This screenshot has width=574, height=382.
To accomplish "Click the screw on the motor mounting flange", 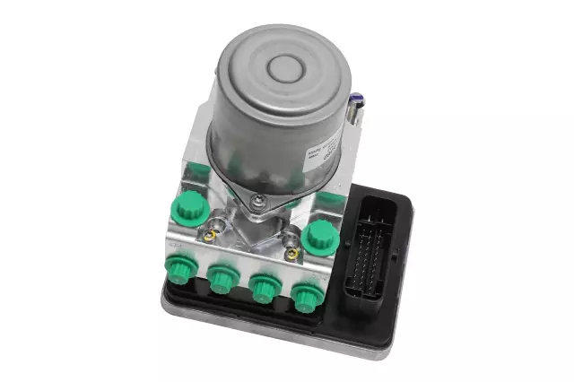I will [x=257, y=200].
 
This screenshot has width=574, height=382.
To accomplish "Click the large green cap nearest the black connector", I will [x=317, y=238].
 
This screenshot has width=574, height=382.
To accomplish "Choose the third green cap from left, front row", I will [x=265, y=288].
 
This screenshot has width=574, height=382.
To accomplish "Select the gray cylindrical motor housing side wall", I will [x=269, y=143].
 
